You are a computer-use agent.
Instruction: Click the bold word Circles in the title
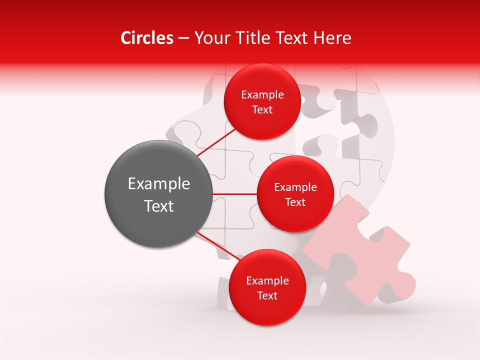(x=146, y=38)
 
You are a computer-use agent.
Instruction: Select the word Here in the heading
(x=332, y=38)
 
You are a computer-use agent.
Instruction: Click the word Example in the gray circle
(x=158, y=184)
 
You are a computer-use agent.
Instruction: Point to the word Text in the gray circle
(x=158, y=206)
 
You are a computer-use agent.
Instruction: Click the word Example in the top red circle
(x=262, y=95)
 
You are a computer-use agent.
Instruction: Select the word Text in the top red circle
(x=262, y=109)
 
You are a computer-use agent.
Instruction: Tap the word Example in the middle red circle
(x=295, y=187)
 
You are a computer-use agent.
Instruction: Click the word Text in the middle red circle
(x=295, y=202)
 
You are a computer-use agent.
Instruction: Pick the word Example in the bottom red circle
(x=267, y=281)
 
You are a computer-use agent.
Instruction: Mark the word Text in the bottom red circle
(x=267, y=295)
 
